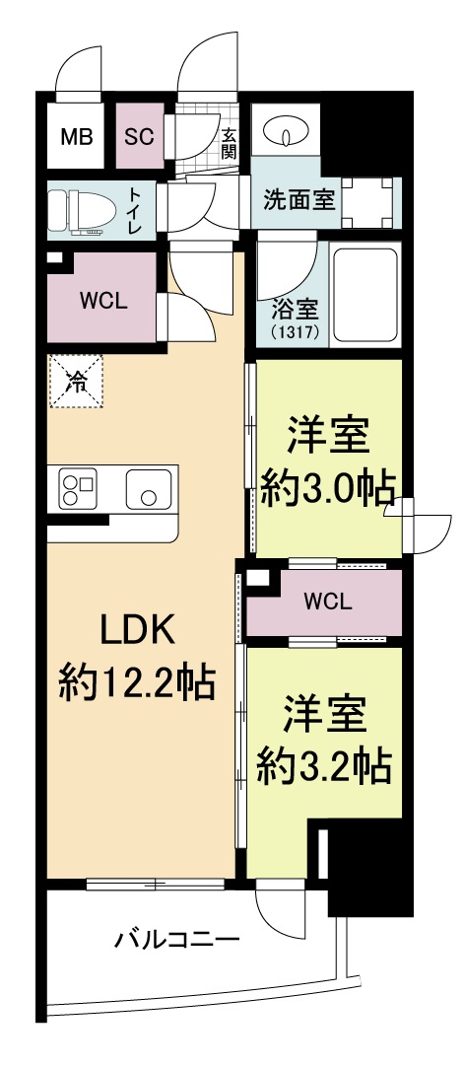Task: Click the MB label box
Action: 77,136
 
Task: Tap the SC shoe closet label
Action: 139,136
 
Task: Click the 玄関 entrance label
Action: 229,144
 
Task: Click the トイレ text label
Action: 134,209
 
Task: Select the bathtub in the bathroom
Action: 365,296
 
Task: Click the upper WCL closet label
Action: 102,300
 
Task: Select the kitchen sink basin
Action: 148,488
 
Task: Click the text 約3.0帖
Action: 328,485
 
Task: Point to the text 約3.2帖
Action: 324,762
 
